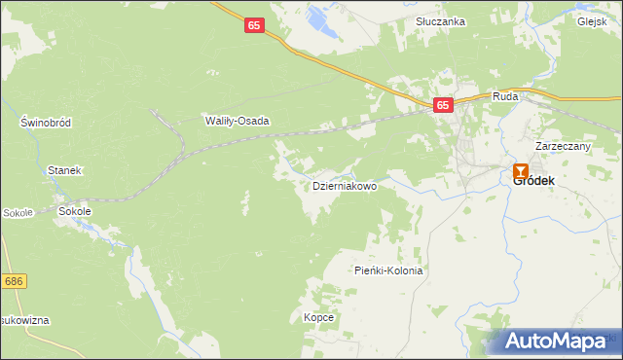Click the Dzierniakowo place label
pos(344,186)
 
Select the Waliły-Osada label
pos(236,122)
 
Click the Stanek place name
pos(64,170)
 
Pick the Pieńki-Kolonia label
pos(388,271)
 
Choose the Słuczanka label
pos(440,21)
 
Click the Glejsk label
pos(592,21)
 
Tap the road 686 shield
pos(13,281)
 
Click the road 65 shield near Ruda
pos(444,105)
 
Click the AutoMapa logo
pos(560,342)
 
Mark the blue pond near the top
pos(317,16)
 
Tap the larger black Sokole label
pos(75,210)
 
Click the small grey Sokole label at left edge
pos(18,212)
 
